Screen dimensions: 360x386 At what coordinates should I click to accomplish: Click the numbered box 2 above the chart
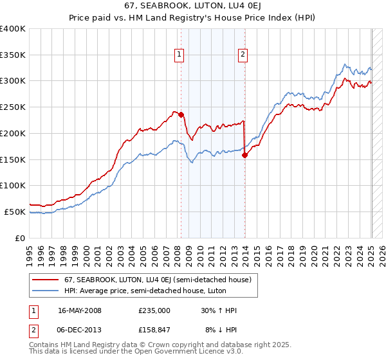click(x=243, y=55)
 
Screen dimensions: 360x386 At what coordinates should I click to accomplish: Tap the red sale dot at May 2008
click(x=181, y=115)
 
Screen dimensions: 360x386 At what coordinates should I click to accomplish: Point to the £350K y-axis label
click(x=12, y=55)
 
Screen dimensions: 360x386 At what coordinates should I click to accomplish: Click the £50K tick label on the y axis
click(x=15, y=212)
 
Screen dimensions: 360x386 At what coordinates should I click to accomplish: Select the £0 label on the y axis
click(x=20, y=238)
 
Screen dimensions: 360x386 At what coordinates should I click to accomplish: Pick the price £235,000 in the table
click(x=154, y=310)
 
